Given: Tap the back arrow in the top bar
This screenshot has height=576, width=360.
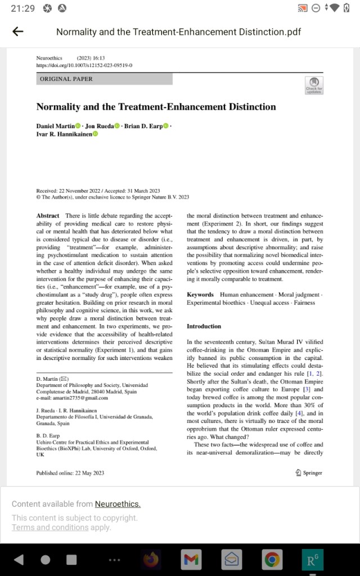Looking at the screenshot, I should coord(18,31).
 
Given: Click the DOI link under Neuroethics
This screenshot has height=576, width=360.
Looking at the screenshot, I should coord(84,65).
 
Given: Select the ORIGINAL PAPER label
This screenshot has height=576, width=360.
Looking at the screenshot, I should coord(66,79).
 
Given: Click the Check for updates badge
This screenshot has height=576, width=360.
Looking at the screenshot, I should coord(314,85).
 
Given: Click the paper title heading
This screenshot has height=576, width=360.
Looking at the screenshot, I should coord(156,107).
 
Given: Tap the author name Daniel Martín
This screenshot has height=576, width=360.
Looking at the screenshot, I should coord(55,126).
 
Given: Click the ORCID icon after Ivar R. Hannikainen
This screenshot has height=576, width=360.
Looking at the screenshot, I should coord(95,134).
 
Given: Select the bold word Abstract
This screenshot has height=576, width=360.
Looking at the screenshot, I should coord(48,216).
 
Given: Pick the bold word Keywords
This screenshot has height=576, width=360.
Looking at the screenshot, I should coord(200,294).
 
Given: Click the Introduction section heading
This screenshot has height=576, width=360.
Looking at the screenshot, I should coord(204,326).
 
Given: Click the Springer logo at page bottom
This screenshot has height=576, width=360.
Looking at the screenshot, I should coord(309,473).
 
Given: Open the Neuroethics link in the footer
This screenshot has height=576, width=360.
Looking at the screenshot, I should coord(118,504).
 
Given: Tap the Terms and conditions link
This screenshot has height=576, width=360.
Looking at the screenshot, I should coord(50,527).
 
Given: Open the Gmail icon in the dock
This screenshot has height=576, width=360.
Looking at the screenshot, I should coord(191,559).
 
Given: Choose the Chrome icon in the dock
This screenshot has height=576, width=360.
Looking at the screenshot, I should coord(272,559).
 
